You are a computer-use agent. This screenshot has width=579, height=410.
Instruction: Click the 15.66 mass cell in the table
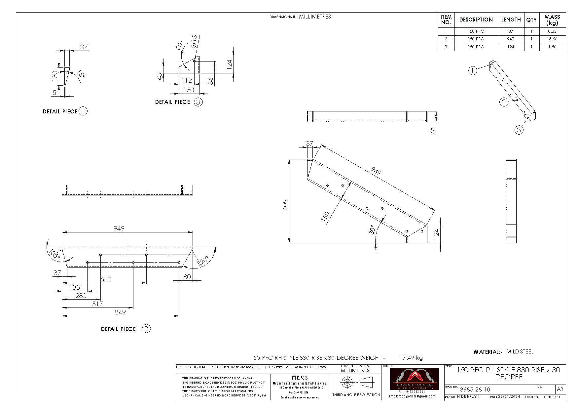pyautogui.click(x=552, y=39)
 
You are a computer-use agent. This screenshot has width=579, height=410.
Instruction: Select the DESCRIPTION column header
pyautogui.click(x=476, y=20)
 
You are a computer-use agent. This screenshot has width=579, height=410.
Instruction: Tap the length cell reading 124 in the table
pyautogui.click(x=511, y=47)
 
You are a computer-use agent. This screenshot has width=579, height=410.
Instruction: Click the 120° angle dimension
pyautogui.click(x=203, y=261)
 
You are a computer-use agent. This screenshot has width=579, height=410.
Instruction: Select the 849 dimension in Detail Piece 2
pyautogui.click(x=120, y=312)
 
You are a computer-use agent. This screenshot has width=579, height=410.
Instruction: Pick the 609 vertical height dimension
pyautogui.click(x=285, y=205)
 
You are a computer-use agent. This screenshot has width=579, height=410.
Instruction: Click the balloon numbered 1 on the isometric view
pyautogui.click(x=473, y=70)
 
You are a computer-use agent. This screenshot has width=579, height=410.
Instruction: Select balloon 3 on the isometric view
pyautogui.click(x=519, y=130)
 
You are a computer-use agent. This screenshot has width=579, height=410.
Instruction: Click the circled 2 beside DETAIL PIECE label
pyautogui.click(x=146, y=329)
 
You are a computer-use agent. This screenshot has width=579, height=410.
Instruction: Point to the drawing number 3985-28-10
pyautogui.click(x=475, y=389)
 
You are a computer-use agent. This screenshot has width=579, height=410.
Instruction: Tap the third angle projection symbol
pyautogui.click(x=356, y=383)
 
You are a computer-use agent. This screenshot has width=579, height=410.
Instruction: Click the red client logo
pyautogui.click(x=415, y=379)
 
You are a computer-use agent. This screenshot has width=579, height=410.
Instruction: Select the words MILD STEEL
pyautogui.click(x=520, y=352)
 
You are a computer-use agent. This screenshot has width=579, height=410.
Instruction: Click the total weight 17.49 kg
pyautogui.click(x=411, y=358)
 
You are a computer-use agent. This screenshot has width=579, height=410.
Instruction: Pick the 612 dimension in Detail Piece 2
pyautogui.click(x=106, y=279)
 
